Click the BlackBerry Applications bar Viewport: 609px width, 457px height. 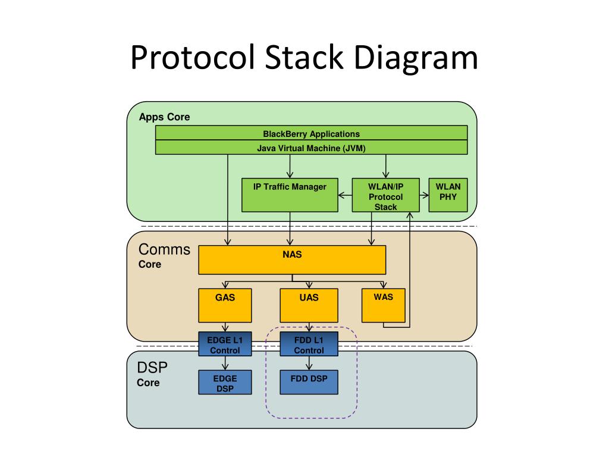pos(311,133)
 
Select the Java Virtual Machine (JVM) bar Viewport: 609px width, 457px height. pos(311,148)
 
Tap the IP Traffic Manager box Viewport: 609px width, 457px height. pos(290,195)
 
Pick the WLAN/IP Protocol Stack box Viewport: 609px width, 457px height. pos(385,195)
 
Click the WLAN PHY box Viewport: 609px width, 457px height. pos(448,195)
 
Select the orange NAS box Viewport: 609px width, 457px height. pos(292,259)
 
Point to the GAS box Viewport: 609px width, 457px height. pos(225,305)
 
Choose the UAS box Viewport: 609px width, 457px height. pos(309,305)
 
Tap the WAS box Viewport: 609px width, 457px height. pos(384,305)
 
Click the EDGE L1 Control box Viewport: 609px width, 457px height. pos(225,344)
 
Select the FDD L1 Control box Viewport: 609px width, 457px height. pos(309,344)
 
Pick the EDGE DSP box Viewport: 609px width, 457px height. pos(225,383)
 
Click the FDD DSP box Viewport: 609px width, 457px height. pos(309,383)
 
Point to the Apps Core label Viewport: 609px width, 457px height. pos(164,117)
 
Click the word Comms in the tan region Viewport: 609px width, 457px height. pos(164,249)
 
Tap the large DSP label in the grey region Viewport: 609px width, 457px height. pos(152,368)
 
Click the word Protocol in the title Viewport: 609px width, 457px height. pos(192,58)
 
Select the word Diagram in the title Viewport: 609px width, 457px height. pos(416,58)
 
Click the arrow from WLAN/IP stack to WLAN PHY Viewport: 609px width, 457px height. pos(424,195)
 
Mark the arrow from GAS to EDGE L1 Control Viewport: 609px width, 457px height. pos(225,327)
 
